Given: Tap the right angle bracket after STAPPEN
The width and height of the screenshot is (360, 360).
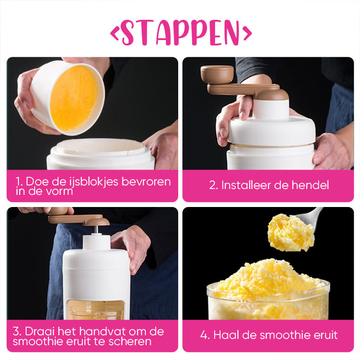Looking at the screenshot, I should click(246, 32).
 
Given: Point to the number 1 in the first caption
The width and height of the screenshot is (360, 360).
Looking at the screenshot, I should click(18, 182).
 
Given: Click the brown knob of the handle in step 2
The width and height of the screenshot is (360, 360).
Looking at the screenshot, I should click(216, 74).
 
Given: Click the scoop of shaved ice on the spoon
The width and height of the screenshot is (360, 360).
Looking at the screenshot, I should click(290, 232).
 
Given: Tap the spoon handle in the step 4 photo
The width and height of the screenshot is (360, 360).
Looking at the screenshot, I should click(315, 214).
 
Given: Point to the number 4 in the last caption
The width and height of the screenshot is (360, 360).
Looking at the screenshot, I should click(204, 335).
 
